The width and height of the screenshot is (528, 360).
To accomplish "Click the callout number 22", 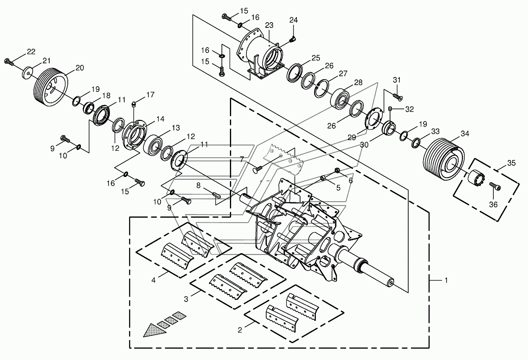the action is (31, 52).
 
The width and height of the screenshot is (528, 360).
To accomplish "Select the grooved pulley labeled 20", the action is (50, 87).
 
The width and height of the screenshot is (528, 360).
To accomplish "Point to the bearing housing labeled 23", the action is (261, 55).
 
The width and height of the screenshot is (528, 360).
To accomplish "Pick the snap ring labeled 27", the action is (321, 88).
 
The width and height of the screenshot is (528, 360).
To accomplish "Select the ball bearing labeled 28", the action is (341, 99).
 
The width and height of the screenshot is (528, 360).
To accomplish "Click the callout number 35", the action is (511, 163).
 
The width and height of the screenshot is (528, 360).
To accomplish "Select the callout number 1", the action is (446, 280).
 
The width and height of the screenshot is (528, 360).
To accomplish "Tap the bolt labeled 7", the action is (257, 170).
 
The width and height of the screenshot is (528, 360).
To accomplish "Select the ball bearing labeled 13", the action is (153, 144).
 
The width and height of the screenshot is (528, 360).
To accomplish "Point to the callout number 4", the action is (153, 280).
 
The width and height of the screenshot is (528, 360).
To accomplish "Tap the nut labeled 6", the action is (337, 170).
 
